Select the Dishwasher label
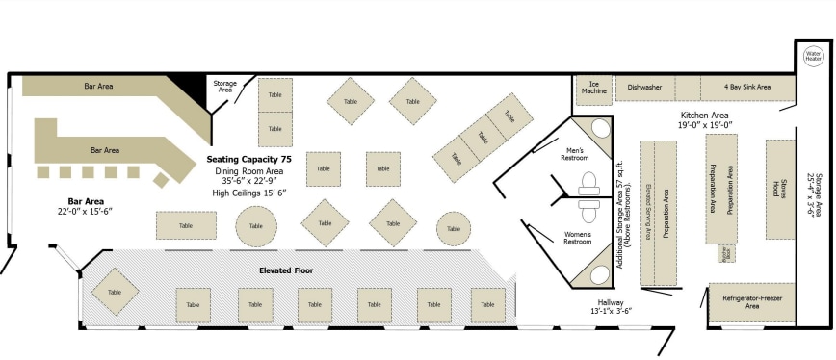click(x=644, y=87)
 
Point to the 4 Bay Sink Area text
click(x=747, y=87)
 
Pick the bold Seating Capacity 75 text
click(x=248, y=158)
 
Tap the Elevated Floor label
click(x=286, y=270)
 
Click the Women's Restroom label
click(x=578, y=237)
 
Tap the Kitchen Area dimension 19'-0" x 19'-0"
click(x=705, y=125)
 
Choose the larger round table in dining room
click(x=256, y=226)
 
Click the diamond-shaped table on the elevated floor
click(x=115, y=292)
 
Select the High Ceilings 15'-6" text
click(x=248, y=193)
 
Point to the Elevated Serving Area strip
click(x=649, y=212)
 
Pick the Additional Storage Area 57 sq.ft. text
click(x=624, y=206)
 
